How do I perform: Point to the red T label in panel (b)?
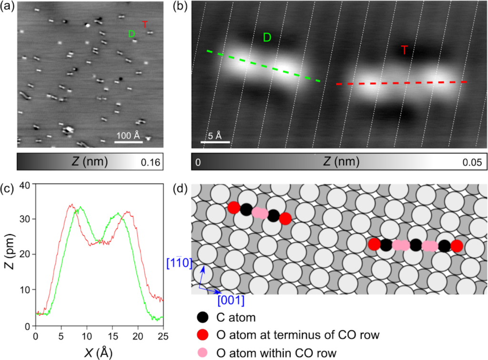(x=404, y=50)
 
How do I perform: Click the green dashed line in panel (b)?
(x=262, y=66)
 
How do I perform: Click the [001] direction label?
(x=232, y=300)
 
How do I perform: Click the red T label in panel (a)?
(x=145, y=24)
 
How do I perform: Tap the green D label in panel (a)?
(x=131, y=34)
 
